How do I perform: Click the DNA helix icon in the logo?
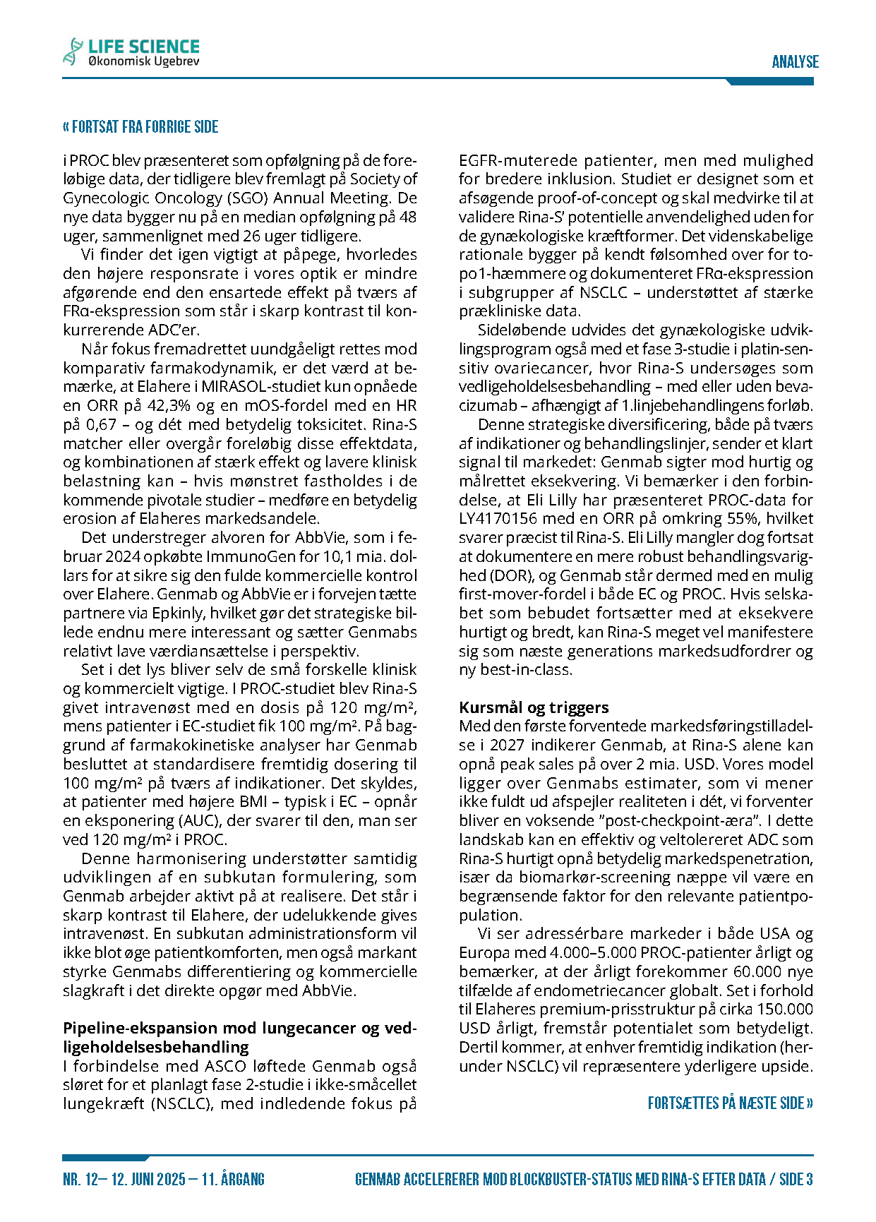pos(72,52)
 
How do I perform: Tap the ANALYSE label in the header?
pos(795,61)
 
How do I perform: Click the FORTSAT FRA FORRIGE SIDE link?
pos(140,127)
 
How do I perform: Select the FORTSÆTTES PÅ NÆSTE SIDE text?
pos(730,1103)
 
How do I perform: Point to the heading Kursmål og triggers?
pos(534,707)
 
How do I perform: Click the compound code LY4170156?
pos(502,519)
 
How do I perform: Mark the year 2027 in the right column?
pos(508,745)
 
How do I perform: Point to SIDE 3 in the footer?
pos(796,1179)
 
